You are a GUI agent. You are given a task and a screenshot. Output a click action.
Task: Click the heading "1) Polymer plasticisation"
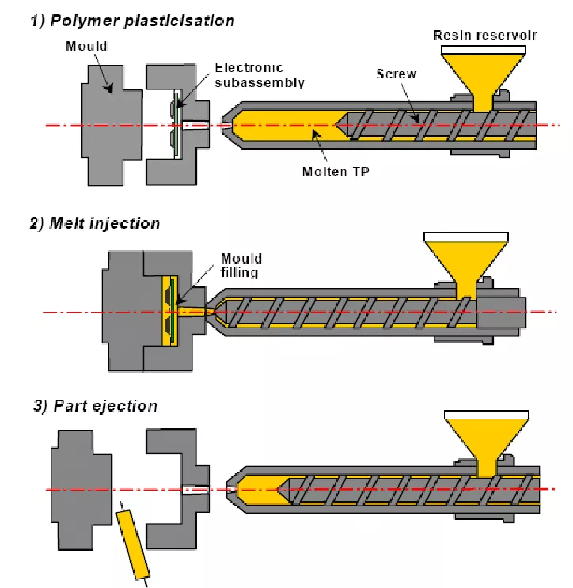coord(133,21)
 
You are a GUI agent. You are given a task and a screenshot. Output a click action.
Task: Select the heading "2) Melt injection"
coord(95,223)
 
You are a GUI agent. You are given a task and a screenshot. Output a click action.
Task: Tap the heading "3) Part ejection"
coord(96,406)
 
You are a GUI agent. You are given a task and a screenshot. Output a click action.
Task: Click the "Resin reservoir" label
coord(485,36)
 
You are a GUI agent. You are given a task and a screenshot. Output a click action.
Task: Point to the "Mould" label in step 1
coord(86,46)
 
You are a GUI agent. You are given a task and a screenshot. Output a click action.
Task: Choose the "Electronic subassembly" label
coord(260,75)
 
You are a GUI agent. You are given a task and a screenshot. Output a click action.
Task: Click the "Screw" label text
coord(397,74)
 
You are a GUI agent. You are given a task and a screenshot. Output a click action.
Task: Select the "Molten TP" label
coord(336,172)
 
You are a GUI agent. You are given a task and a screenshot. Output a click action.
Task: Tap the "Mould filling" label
coord(241,265)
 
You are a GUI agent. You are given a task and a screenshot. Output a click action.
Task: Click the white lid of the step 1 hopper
coord(483,50)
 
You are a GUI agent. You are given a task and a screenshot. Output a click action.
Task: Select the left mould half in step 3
coord(82,490)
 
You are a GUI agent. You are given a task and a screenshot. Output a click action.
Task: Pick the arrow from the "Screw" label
coord(410,102)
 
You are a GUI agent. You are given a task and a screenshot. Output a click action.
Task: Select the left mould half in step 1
coord(112,125)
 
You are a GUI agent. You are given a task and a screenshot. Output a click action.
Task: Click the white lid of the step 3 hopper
coord(486,415)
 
